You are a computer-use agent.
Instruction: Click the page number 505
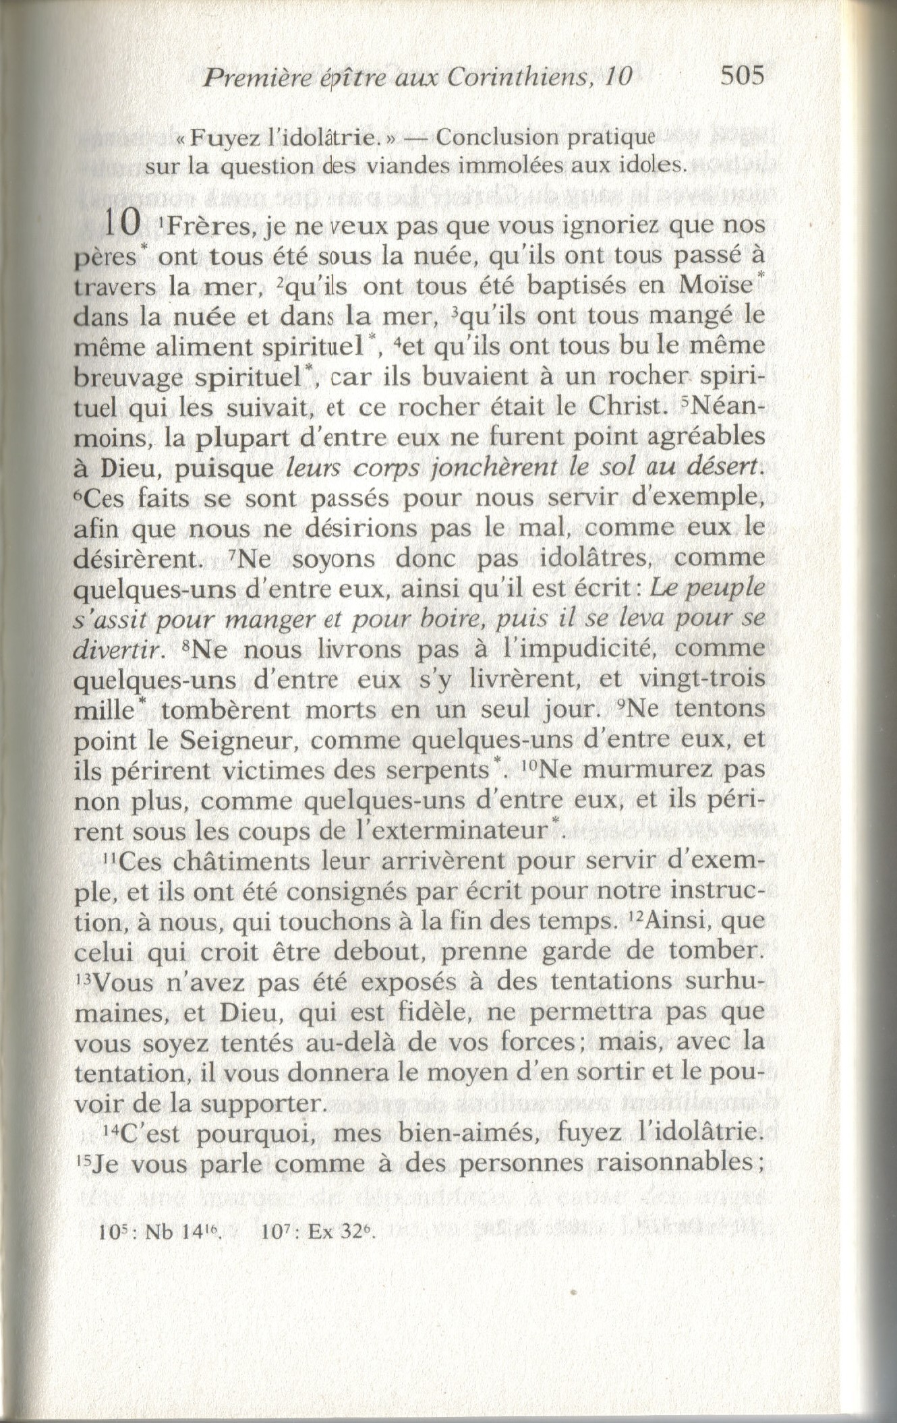(741, 76)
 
